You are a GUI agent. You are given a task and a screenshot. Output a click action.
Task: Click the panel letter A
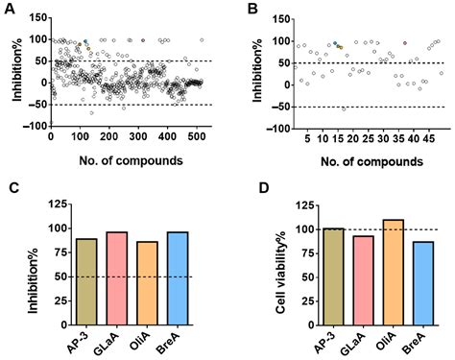(8, 9)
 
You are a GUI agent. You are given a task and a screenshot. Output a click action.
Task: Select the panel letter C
(8, 189)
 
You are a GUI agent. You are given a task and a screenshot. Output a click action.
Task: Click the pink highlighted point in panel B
(405, 43)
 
